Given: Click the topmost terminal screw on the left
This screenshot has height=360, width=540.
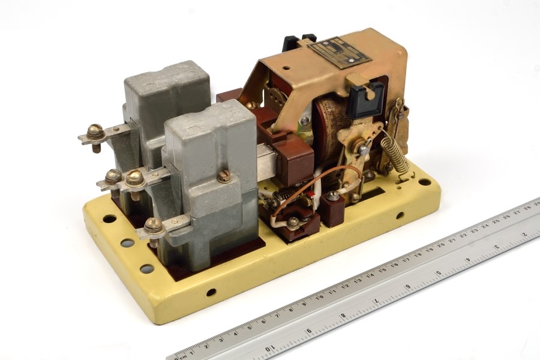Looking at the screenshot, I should pos(95,130).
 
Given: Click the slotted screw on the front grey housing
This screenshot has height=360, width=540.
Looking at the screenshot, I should pos(224,176).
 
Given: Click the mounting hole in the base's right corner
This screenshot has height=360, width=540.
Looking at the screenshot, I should pos(425,182).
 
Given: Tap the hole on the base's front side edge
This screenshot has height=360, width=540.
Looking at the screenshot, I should pos(211,292).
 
